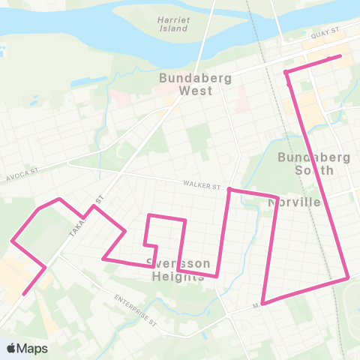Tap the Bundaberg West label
point(185,84)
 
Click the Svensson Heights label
point(172,269)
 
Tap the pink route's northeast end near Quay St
point(340,56)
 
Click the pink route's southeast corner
point(348,278)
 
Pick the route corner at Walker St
point(229,190)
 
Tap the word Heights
point(181,276)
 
